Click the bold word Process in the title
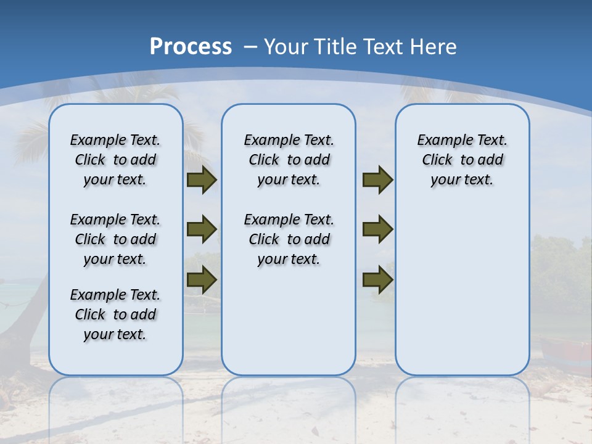[x=191, y=46]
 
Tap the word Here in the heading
[x=435, y=47]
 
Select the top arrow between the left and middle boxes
[x=202, y=180]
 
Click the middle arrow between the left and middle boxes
[x=202, y=229]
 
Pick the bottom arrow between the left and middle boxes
[x=202, y=280]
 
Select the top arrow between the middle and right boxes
[x=377, y=180]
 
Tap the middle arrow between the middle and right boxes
[x=377, y=229]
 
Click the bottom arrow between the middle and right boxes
[x=377, y=280]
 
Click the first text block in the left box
[x=115, y=160]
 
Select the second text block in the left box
[x=115, y=239]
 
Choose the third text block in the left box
[x=115, y=314]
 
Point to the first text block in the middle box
[x=289, y=160]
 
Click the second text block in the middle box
[x=289, y=239]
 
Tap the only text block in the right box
[x=462, y=160]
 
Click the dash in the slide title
[x=250, y=47]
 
